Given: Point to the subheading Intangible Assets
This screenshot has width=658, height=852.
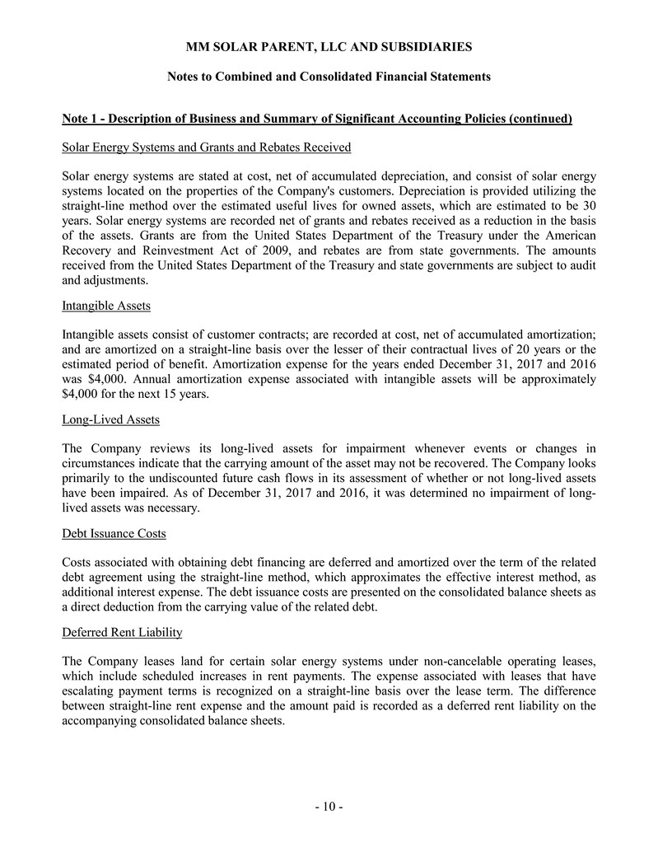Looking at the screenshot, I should (x=105, y=306).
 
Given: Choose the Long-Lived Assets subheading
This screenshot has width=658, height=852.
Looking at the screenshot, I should (x=110, y=419).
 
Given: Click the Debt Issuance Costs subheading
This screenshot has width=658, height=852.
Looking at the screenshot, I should (x=114, y=533).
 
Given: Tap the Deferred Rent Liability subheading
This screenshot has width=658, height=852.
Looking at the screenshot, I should (x=121, y=632).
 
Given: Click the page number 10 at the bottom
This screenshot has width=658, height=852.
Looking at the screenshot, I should (x=329, y=807).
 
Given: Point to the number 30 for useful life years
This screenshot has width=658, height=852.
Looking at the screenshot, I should (x=588, y=205).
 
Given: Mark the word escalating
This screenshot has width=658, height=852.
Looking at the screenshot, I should (x=93, y=691).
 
